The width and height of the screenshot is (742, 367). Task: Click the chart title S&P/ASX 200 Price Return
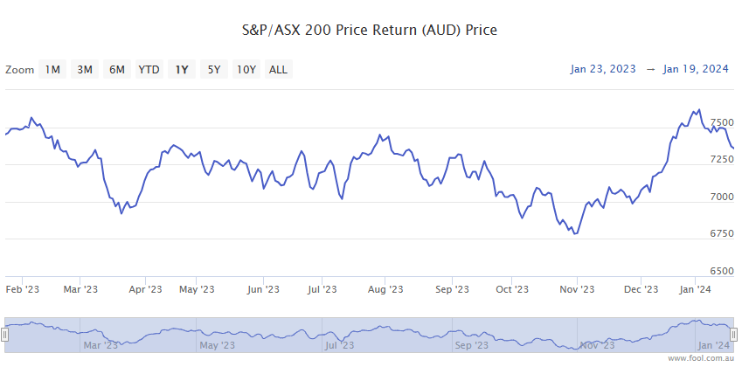pyautogui.click(x=369, y=31)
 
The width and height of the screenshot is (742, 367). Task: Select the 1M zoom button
pyautogui.click(x=52, y=70)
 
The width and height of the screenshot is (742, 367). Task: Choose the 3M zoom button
pyautogui.click(x=85, y=70)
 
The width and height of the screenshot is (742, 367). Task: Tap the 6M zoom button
pyautogui.click(x=116, y=70)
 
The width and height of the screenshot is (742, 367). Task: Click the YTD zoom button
pyautogui.click(x=149, y=70)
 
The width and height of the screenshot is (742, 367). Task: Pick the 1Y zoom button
pyautogui.click(x=182, y=70)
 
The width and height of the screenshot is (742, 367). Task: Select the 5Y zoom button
pyautogui.click(x=213, y=70)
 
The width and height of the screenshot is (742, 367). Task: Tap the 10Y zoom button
pyautogui.click(x=246, y=70)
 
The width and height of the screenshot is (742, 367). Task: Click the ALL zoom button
pyautogui.click(x=278, y=70)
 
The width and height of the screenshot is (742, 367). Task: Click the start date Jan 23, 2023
pyautogui.click(x=604, y=69)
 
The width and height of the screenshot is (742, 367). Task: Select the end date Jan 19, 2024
pyautogui.click(x=696, y=69)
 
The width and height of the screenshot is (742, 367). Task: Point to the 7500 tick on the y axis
pyautogui.click(x=722, y=123)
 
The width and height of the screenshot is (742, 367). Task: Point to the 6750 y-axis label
pyautogui.click(x=722, y=233)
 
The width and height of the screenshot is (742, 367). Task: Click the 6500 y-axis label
pyautogui.click(x=722, y=271)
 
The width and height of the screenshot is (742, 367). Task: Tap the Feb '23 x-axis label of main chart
pyautogui.click(x=23, y=289)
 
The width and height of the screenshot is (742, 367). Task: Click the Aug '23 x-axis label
pyautogui.click(x=385, y=289)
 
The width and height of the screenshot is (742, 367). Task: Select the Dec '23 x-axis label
pyautogui.click(x=641, y=289)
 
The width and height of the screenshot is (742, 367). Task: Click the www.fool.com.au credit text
pyautogui.click(x=703, y=359)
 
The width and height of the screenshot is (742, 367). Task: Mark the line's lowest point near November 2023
pyautogui.click(x=574, y=233)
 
